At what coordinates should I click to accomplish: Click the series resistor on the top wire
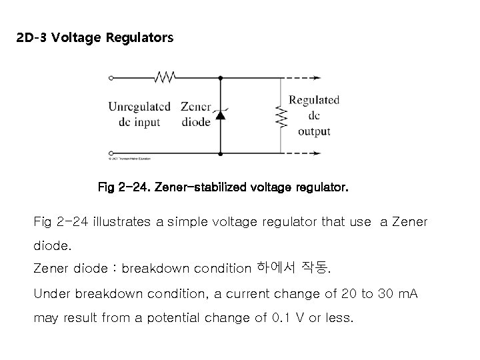tap(164, 77)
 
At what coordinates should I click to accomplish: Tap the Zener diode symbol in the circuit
tap(220, 115)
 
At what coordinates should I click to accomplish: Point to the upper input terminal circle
tap(111, 77)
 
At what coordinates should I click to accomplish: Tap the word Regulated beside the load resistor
tap(314, 100)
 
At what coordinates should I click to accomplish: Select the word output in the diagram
tap(314, 131)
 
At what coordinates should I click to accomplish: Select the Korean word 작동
tap(316, 269)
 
